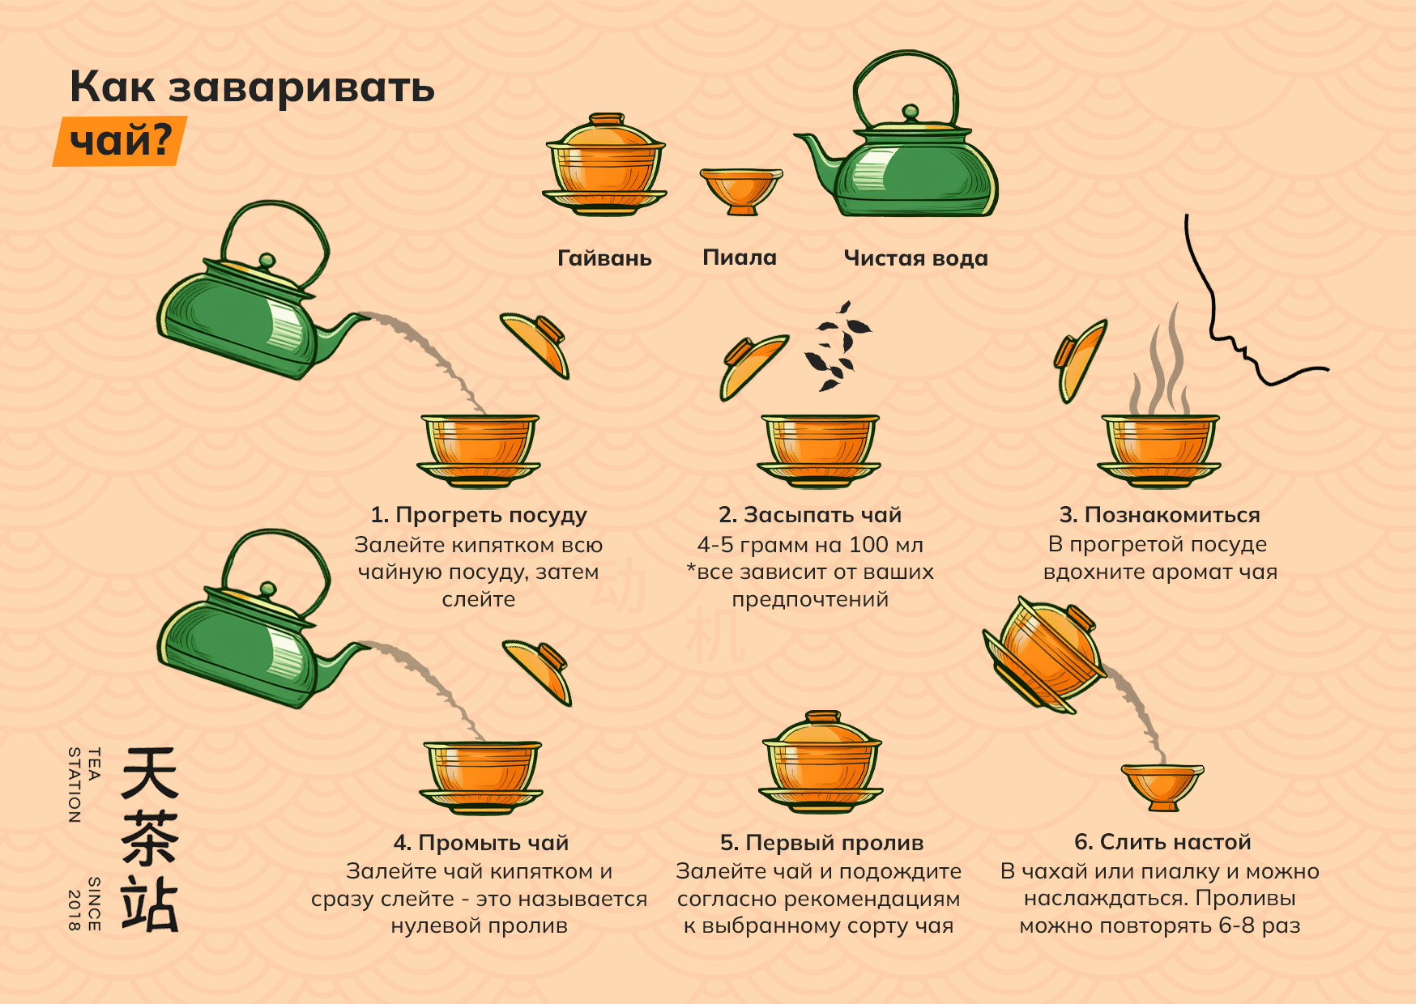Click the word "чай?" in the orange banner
click(x=121, y=141)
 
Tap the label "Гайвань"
click(x=604, y=258)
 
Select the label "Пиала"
click(x=740, y=257)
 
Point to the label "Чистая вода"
click(x=915, y=258)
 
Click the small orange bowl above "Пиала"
click(x=741, y=191)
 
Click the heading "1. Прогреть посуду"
click(x=479, y=515)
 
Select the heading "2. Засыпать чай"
click(x=810, y=515)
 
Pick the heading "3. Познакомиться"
click(x=1160, y=515)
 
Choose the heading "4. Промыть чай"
click(x=481, y=843)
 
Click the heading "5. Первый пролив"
click(x=821, y=843)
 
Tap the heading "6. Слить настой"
click(x=1162, y=842)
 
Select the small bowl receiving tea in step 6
click(x=1162, y=786)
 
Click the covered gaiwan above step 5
click(x=821, y=762)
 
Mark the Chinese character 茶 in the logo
click(x=150, y=839)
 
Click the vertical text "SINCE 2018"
click(x=85, y=904)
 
